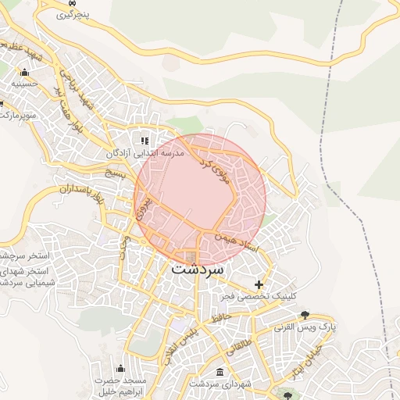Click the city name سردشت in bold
pos(197,269)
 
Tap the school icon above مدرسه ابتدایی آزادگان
pos(144,141)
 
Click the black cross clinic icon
pos(259,284)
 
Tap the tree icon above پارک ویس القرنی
pos(304,315)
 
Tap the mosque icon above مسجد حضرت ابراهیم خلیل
pos(120,368)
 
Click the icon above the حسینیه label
pos(23,73)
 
